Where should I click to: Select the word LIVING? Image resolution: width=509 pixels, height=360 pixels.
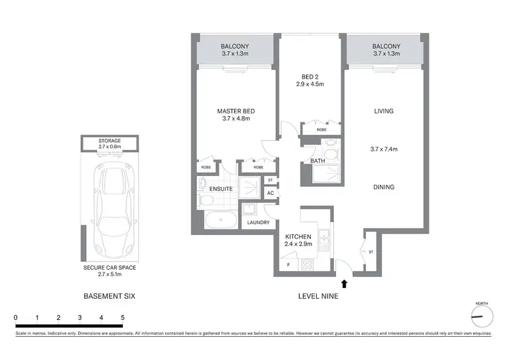click(x=383, y=111)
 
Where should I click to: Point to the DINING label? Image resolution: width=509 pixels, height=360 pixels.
click(x=383, y=187)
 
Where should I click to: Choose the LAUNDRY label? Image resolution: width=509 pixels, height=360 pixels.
click(x=259, y=223)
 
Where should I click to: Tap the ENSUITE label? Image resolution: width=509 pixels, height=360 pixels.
click(x=221, y=189)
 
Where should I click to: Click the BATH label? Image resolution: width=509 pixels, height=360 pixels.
click(x=318, y=161)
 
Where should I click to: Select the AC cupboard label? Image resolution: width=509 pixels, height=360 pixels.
click(x=270, y=193)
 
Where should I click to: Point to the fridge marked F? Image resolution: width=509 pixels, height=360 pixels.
click(x=288, y=264)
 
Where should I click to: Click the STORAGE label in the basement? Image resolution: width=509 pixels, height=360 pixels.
click(x=110, y=141)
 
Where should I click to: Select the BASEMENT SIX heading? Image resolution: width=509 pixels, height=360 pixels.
click(x=110, y=297)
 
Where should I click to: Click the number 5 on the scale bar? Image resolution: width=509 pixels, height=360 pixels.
click(x=123, y=317)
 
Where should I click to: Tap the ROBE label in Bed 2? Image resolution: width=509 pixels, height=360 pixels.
click(x=321, y=129)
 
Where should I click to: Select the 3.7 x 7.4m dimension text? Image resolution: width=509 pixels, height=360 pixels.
click(x=383, y=149)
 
